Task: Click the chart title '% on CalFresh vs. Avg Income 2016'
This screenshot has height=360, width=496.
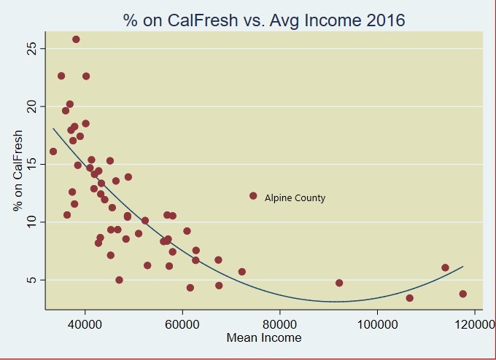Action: [264, 20]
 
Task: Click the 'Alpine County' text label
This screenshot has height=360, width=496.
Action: [295, 198]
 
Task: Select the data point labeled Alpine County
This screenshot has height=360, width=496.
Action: [253, 196]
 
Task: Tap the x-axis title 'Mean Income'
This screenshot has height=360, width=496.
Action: [264, 337]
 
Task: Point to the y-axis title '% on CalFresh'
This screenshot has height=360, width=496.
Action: [18, 171]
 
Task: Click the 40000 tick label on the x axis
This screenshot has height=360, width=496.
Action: [85, 324]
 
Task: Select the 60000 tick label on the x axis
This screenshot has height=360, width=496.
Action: [182, 324]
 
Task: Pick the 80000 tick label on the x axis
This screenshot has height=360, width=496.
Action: [279, 324]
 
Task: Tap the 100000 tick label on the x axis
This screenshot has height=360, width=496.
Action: [376, 324]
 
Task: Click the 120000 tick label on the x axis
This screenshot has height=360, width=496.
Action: [473, 324]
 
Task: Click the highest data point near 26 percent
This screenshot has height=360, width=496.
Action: [76, 39]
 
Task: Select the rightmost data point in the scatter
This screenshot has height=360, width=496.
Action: [462, 294]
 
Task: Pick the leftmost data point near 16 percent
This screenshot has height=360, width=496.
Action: [53, 152]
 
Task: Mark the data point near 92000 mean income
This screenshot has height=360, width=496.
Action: [339, 283]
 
